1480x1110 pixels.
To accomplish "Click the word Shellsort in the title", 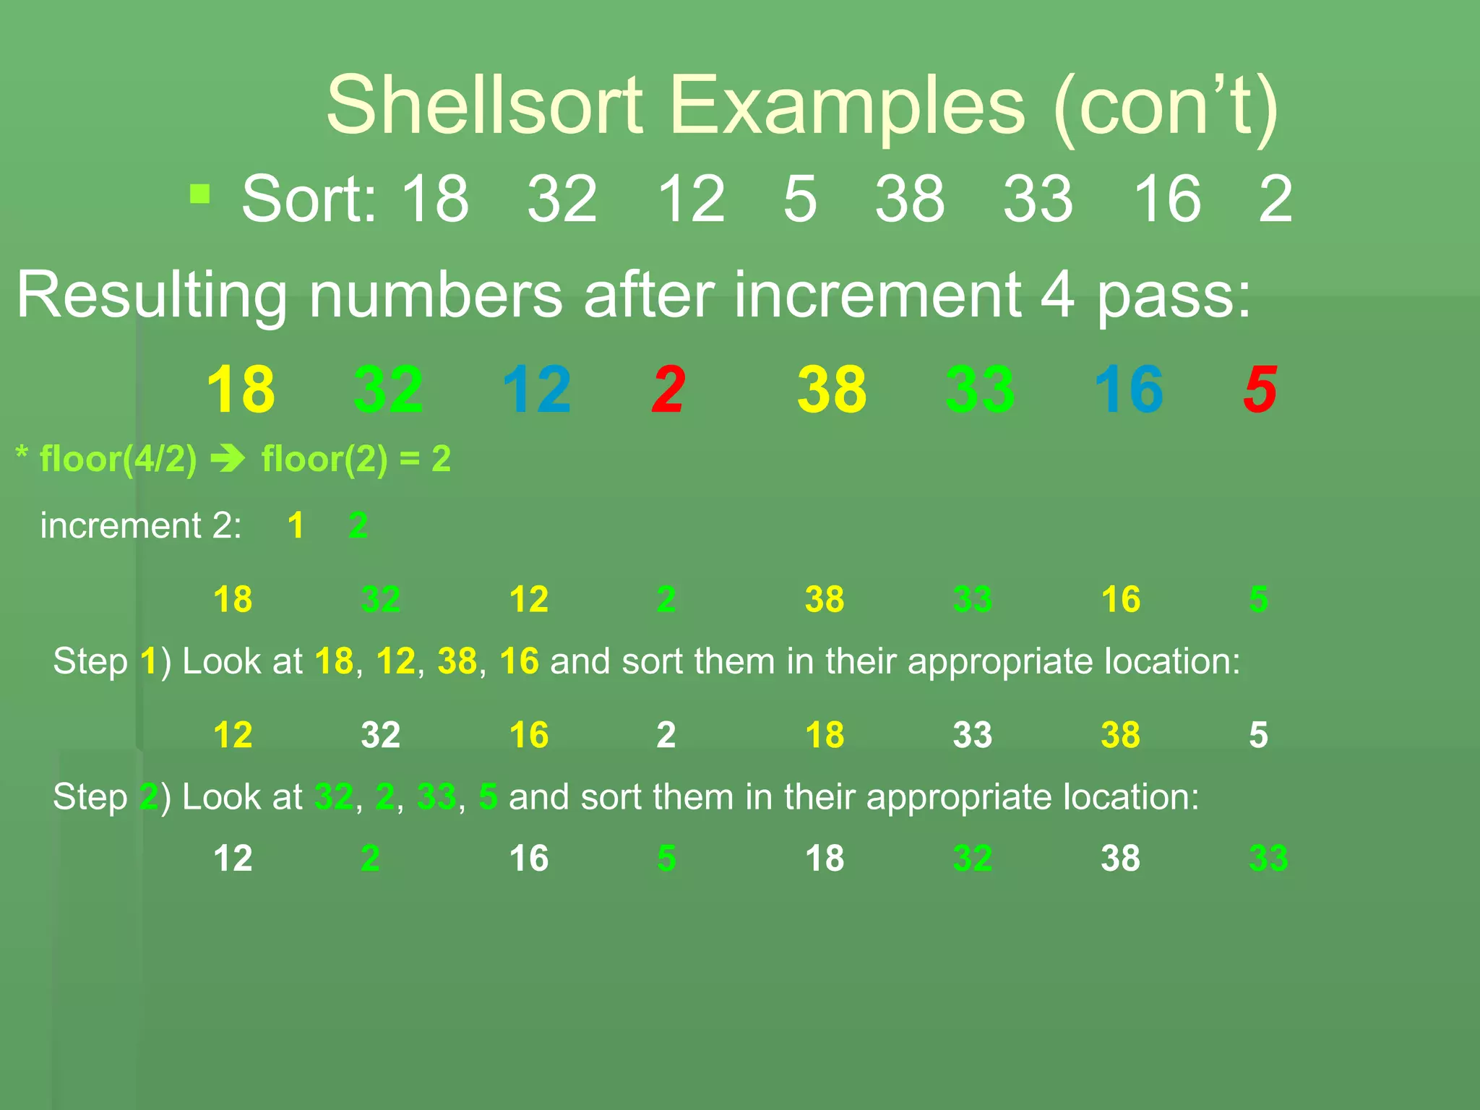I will coord(484,106).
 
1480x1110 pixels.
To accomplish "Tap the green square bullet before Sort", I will coord(199,194).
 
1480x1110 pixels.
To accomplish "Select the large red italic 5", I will coord(1260,390).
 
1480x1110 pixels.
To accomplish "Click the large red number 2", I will coord(668,390).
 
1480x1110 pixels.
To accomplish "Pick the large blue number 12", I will coord(536,390).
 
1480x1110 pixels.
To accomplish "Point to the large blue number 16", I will coord(1128,390).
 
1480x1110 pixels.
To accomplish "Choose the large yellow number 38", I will coord(832,390).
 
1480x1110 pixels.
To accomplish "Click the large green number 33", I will coord(980,390).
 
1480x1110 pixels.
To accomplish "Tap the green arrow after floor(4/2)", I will coord(228,459).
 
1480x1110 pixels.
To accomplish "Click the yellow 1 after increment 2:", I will coord(296,525).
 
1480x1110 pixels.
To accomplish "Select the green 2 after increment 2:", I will coord(358,525).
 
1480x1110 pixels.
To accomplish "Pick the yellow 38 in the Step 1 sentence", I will coord(457,661).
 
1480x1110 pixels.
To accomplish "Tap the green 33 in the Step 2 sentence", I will coord(436,797).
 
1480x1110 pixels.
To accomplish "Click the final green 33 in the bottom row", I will coord(1268,859).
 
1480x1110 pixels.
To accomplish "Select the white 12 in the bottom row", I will coord(233,859).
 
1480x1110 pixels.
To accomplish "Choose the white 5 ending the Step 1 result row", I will coord(1258,735).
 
